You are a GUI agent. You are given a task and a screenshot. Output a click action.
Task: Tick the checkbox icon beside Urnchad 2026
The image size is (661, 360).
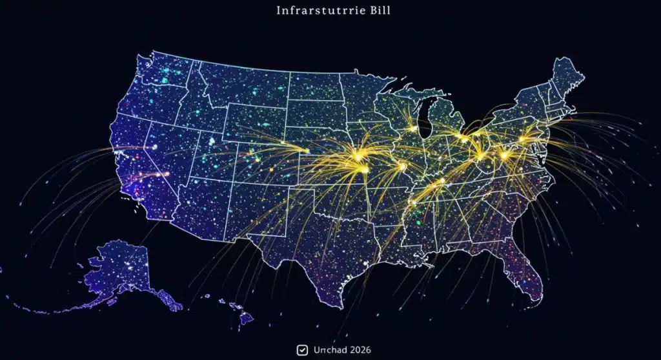(301, 350)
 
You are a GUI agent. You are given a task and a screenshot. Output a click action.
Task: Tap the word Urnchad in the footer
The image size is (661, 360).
(329, 350)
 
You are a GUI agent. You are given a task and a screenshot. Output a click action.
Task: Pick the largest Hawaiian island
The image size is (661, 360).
(246, 317)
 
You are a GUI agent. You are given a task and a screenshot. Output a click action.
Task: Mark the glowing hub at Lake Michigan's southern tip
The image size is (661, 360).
(413, 128)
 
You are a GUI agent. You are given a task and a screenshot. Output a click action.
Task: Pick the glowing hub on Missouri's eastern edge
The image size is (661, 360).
(402, 166)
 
